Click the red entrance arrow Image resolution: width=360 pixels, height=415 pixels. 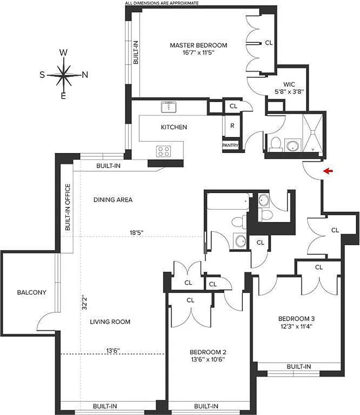[327, 170]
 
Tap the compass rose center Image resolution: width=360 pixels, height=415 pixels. [63, 74]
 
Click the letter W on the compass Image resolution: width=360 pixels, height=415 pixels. [63, 52]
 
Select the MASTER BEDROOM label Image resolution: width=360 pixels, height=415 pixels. [198, 46]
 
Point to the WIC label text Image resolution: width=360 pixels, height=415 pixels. [289, 83]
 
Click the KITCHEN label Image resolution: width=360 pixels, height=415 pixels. [174, 127]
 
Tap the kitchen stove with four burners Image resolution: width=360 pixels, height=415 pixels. [164, 151]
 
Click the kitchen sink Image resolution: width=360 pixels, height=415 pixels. [168, 107]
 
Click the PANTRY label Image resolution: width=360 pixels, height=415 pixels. [230, 146]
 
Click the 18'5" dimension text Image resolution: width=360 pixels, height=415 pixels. [136, 233]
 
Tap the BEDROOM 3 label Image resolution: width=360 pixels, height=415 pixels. [297, 319]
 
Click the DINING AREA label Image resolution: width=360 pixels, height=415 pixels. [113, 199]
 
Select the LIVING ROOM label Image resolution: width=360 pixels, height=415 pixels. [109, 322]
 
